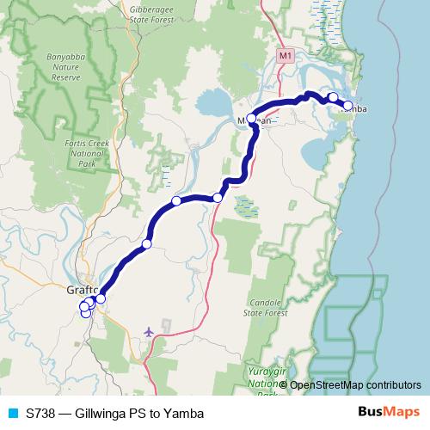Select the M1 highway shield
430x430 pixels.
286,54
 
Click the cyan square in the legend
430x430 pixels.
12,413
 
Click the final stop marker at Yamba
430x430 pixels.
348,107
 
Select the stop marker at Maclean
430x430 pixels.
251,119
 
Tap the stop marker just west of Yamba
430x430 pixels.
333,97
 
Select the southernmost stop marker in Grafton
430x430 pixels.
86,313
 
